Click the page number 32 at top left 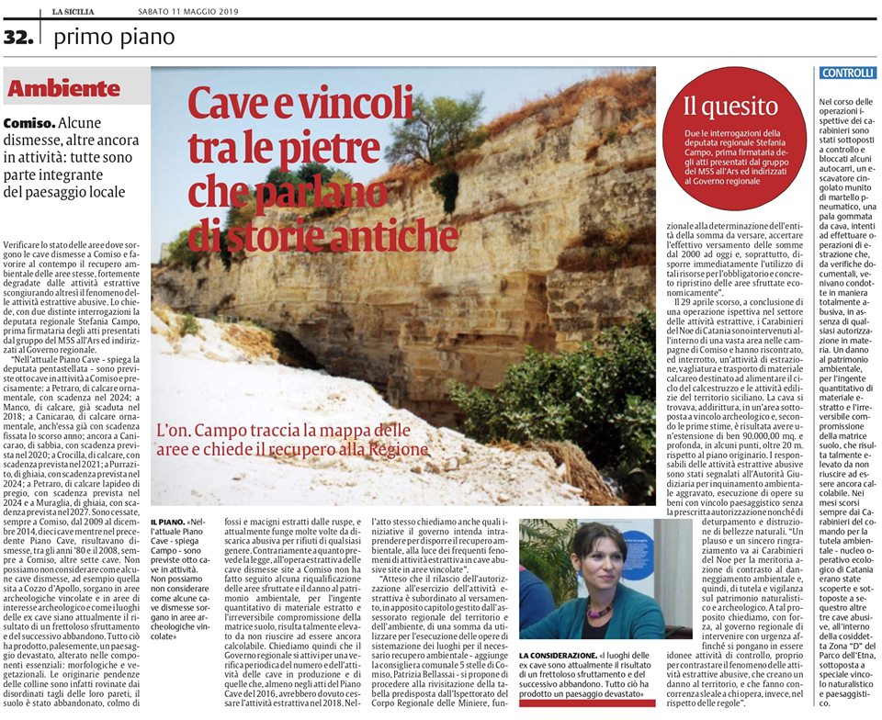(x=18, y=38)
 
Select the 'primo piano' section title (x=114, y=38)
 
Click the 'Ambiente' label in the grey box (x=63, y=89)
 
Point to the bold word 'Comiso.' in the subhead (x=29, y=123)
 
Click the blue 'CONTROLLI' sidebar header (x=847, y=73)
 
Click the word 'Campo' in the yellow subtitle (x=223, y=430)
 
